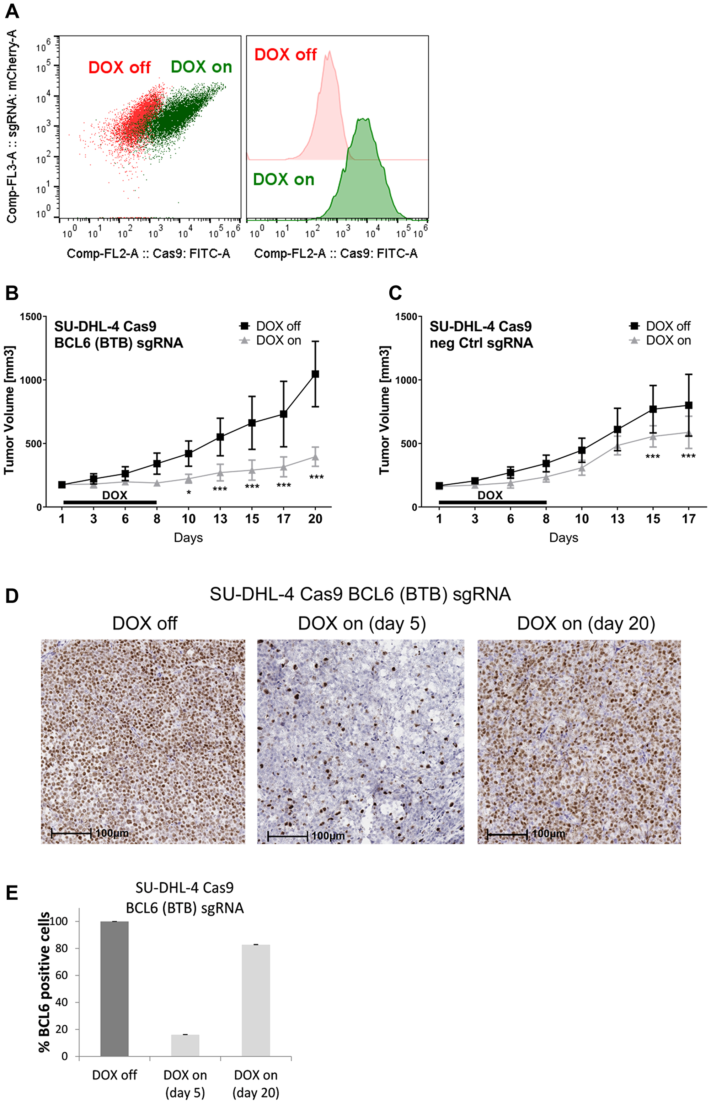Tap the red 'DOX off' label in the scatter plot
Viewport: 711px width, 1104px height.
tap(119, 68)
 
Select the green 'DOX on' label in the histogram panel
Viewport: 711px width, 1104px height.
tap(283, 179)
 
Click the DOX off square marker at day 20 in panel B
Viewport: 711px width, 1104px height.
tap(315, 374)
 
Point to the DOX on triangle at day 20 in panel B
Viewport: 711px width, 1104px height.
tap(315, 457)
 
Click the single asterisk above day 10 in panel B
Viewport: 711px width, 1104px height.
tap(189, 493)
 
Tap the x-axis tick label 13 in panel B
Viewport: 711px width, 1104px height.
tap(220, 519)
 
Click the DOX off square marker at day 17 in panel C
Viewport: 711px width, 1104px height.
tap(688, 405)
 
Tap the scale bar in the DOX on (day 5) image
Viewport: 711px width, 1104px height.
tap(288, 836)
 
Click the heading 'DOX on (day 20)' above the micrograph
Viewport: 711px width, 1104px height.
tap(586, 624)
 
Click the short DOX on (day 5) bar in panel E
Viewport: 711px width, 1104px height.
tap(185, 1045)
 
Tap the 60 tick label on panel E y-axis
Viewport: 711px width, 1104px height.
tap(62, 975)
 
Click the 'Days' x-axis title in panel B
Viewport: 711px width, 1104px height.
tap(188, 537)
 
